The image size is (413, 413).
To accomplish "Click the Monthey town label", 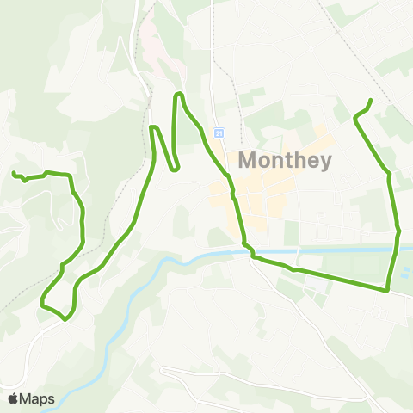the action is pyautogui.click(x=283, y=161).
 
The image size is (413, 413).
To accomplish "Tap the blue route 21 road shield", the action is pyautogui.click(x=219, y=133).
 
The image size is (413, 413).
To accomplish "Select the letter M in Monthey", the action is pyautogui.click(x=247, y=161).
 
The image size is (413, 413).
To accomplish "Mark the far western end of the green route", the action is pyautogui.click(x=13, y=174).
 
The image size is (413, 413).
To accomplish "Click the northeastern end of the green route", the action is pyautogui.click(x=371, y=102).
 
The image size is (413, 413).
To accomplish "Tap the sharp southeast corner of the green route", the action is pyautogui.click(x=388, y=291).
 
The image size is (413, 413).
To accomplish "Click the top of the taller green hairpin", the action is pyautogui.click(x=179, y=94).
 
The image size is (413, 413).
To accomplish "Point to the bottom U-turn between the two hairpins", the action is pyautogui.click(x=175, y=170).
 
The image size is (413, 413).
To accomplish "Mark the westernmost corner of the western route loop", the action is pyautogui.click(x=42, y=301).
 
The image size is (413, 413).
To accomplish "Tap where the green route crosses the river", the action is pyautogui.click(x=250, y=252).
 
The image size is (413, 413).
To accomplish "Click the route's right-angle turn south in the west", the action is pyautogui.click(x=68, y=175).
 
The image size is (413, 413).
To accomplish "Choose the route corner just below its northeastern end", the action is pyautogui.click(x=355, y=120).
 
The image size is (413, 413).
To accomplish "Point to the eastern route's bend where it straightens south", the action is pyautogui.click(x=390, y=176).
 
